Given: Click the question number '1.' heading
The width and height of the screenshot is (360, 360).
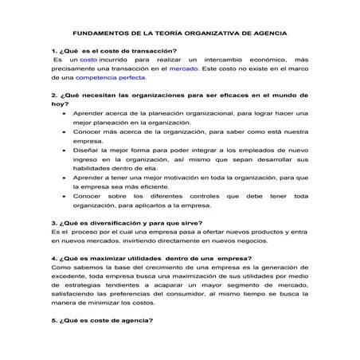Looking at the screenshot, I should pos(53,50).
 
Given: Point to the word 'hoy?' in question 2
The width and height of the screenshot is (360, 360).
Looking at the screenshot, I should pos(59,104).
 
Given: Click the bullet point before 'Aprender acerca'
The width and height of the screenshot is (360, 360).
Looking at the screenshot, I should pos(64,115).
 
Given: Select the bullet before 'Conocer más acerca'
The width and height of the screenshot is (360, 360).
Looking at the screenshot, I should pos(64,132).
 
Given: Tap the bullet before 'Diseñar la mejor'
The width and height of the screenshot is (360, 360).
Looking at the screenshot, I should pos(64,151).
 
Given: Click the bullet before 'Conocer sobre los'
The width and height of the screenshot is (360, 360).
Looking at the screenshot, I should pos(64,196).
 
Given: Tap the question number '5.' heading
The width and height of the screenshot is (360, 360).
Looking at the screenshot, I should pos(53,321).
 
